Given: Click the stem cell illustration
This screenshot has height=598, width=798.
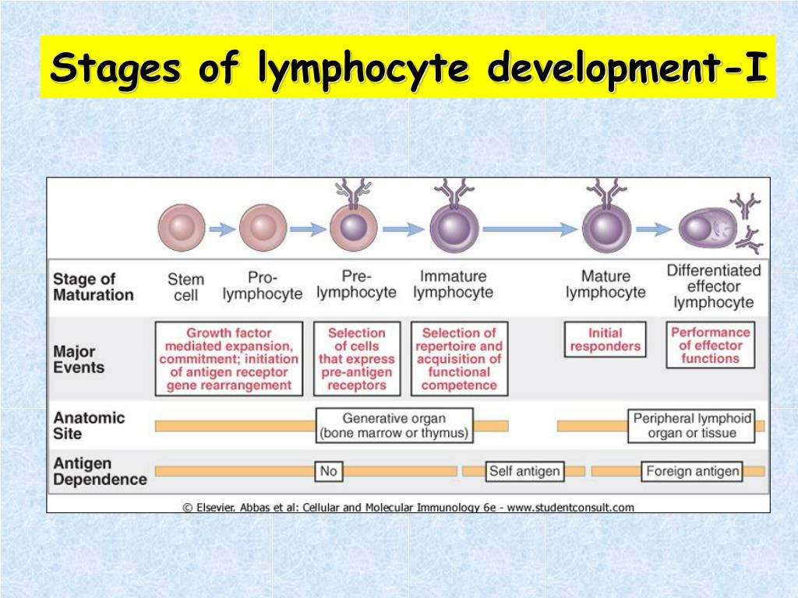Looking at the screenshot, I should click(x=182, y=229).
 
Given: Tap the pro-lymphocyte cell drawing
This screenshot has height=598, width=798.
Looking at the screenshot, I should click(x=258, y=229).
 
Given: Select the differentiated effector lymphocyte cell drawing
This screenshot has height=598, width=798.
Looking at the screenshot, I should click(x=708, y=229).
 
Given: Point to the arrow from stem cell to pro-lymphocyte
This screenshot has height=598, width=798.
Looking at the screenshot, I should click(x=221, y=229).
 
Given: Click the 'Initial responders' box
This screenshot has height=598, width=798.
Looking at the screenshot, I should click(x=605, y=339).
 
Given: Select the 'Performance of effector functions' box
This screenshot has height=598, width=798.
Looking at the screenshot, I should click(x=709, y=345).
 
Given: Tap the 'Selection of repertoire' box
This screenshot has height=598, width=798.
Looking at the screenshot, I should click(x=459, y=358).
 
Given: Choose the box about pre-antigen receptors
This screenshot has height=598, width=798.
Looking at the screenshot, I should click(x=357, y=358).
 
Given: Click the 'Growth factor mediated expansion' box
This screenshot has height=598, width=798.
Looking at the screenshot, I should click(x=229, y=358).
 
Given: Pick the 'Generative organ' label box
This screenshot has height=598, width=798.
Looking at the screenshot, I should click(x=394, y=425).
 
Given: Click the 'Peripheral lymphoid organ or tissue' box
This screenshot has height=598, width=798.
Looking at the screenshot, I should click(x=691, y=425).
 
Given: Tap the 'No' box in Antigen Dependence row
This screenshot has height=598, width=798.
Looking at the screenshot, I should click(x=329, y=471).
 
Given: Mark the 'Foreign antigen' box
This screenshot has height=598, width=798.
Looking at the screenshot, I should click(x=692, y=471).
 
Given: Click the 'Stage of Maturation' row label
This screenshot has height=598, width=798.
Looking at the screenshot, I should click(x=93, y=287).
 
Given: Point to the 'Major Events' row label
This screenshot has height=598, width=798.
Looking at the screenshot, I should click(x=79, y=359).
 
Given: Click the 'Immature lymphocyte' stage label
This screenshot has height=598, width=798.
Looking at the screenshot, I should click(x=453, y=284).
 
